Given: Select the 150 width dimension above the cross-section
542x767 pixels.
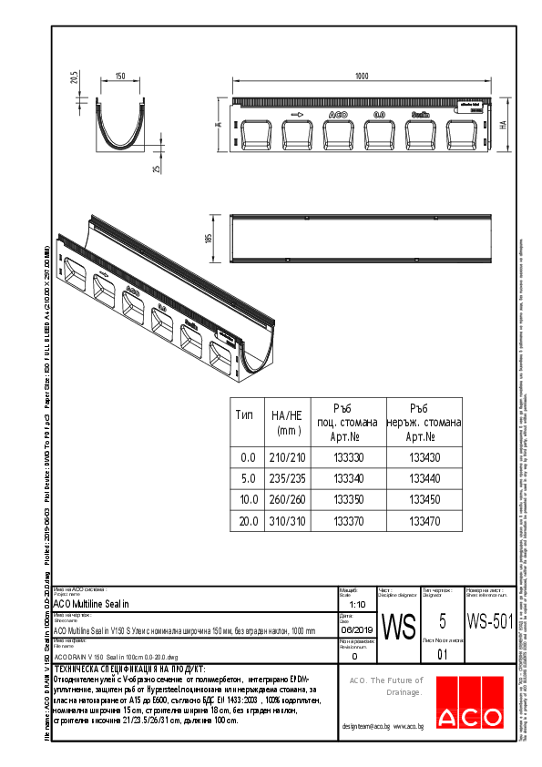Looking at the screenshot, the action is point(120,77).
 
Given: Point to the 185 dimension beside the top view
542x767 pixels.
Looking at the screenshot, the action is point(210,239).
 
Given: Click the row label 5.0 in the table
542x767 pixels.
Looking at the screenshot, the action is point(246,478).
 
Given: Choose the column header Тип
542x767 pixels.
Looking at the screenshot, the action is point(246,414).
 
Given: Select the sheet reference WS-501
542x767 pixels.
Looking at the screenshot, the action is point(489,621).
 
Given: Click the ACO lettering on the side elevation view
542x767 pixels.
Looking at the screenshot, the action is point(336,116).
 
